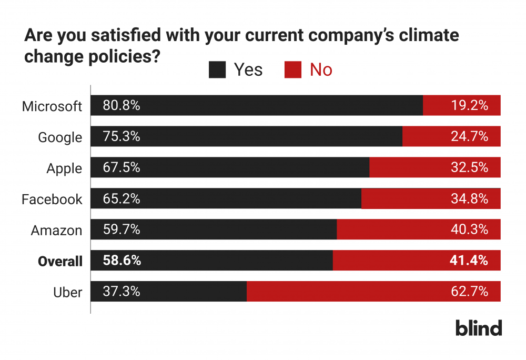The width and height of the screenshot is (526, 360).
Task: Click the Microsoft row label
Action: [x=52, y=106]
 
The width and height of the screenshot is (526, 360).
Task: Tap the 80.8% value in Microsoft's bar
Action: [x=122, y=105]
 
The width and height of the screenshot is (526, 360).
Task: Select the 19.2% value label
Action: [x=469, y=105]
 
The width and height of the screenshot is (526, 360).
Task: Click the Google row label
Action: [x=60, y=137]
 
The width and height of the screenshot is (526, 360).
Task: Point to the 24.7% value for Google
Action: [x=469, y=136]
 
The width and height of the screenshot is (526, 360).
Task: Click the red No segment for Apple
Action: [x=435, y=167]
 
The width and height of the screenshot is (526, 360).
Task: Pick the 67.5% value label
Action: [x=122, y=167]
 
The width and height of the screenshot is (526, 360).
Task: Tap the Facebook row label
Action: [x=52, y=199]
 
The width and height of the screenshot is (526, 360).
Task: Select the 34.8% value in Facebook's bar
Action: [x=469, y=198]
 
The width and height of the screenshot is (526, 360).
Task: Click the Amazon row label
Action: [x=56, y=231]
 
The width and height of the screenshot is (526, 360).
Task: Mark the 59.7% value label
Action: [x=122, y=229]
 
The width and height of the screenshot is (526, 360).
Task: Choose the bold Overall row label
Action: [x=60, y=262]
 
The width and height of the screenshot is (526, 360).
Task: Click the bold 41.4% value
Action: [x=469, y=261]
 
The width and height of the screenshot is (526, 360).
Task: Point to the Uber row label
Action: [x=67, y=293]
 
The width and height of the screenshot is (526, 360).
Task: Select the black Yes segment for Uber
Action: [x=169, y=291]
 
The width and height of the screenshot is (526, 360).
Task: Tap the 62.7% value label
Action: [x=469, y=291]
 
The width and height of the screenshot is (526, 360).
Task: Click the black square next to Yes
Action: [x=217, y=70]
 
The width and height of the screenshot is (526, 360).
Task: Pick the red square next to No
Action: [x=293, y=70]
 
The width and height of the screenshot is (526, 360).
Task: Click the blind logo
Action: [x=479, y=328]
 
